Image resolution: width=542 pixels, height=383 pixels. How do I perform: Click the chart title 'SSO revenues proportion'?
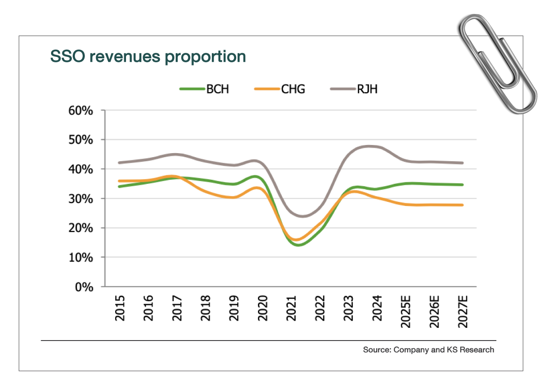click(x=148, y=56)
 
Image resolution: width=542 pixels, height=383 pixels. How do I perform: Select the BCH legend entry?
click(x=205, y=89)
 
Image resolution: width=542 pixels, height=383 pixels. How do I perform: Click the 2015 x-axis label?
click(x=120, y=308)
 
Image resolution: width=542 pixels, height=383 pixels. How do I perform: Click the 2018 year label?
click(x=206, y=308)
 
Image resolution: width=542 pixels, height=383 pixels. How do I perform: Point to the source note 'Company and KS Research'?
click(x=428, y=350)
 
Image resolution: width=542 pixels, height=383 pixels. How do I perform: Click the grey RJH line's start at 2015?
click(x=119, y=163)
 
